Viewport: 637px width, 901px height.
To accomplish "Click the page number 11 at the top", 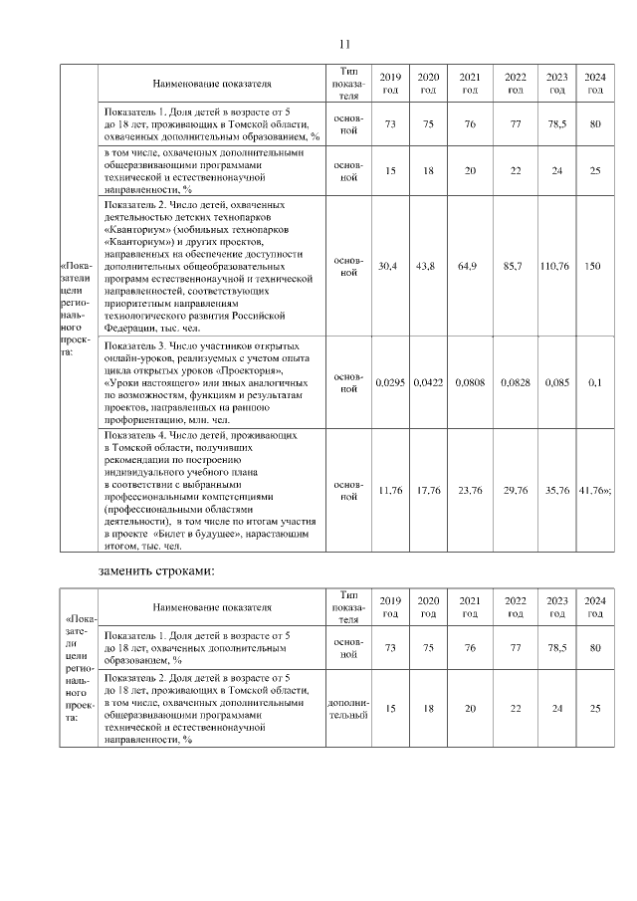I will (344, 44).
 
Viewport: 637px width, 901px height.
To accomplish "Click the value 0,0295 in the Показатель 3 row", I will (390, 382).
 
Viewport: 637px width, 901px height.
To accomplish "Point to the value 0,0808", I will (469, 382).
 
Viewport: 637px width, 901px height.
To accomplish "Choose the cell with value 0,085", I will (557, 382).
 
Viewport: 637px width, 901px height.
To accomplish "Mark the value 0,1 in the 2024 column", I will (595, 382).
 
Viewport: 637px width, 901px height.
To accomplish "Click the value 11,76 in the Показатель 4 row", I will (390, 490).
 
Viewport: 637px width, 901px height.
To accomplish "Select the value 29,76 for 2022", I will (515, 490).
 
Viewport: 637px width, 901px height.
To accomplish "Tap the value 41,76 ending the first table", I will (594, 490).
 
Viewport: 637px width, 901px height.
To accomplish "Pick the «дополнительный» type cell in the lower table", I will (347, 709).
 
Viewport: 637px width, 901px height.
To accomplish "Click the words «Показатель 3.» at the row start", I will (135, 343).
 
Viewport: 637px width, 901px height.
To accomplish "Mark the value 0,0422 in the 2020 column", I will (428, 382).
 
